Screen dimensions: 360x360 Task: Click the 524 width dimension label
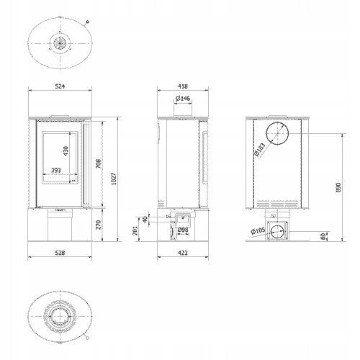(x=60, y=86)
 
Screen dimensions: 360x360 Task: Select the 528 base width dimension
(x=60, y=253)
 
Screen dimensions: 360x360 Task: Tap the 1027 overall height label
(x=114, y=179)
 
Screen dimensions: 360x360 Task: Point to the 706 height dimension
(x=99, y=163)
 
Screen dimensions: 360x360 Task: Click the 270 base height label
(x=99, y=225)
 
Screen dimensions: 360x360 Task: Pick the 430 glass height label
(x=66, y=151)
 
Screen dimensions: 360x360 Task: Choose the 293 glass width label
(x=56, y=170)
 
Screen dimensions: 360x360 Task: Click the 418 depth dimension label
(x=183, y=86)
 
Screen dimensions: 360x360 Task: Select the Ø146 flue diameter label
(x=183, y=98)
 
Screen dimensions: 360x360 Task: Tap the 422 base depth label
(x=183, y=253)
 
